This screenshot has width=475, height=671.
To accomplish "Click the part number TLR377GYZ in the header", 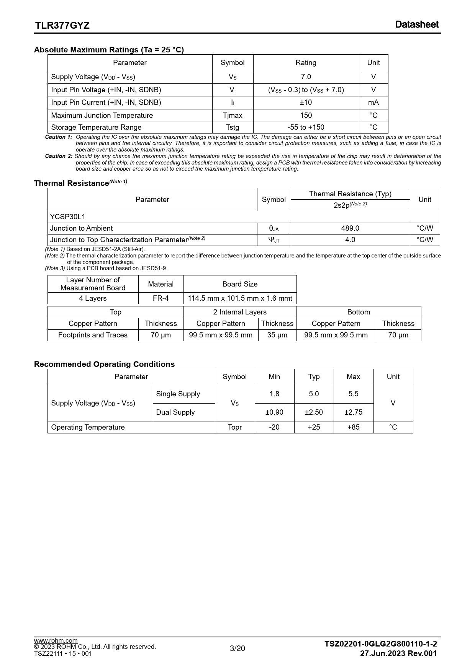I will pos(62,25).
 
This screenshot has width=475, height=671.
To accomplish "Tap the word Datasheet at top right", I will pos(417,24).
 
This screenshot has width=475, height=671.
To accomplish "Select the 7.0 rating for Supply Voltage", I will pos(306,77).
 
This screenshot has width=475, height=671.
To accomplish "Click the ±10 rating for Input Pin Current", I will pos(306,103).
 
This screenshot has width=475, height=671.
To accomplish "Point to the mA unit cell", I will pos(373,103).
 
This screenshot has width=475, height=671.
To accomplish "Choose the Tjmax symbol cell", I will pos(233,116).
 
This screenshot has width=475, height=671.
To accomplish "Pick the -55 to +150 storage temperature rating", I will pos(306,127).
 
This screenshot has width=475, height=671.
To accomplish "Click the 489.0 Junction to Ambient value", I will pos(350,228).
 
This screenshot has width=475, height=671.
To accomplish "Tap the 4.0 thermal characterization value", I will pos(350,240).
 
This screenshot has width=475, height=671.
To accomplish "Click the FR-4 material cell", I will pos(161,298).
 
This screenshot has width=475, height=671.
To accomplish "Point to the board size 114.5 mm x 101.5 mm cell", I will pos(240,298).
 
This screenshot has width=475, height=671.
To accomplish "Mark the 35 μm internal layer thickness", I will pos(277,335).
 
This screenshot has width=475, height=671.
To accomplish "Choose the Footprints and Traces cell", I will pos(93,335).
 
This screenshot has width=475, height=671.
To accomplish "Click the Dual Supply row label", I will pos(175,412).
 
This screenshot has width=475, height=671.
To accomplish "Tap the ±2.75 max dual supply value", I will pos(353,412).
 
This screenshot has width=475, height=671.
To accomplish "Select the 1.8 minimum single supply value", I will pos(274,394).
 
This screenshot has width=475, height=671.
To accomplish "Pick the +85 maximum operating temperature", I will pos(353,427).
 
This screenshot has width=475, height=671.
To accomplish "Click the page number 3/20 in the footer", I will pos(237,648).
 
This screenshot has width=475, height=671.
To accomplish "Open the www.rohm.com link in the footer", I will pos(56,640).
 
